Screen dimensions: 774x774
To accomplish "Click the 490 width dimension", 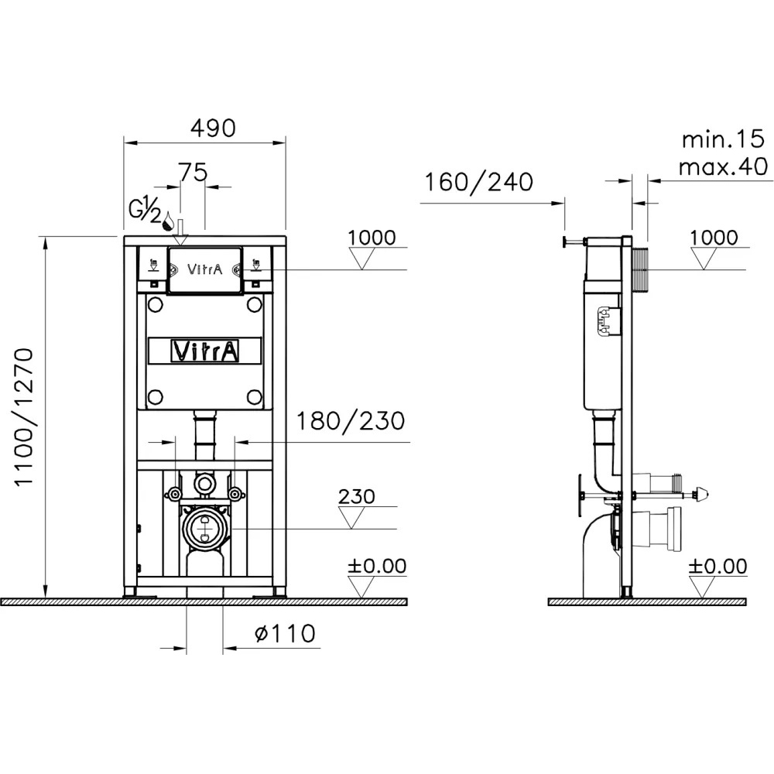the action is pyautogui.click(x=213, y=128).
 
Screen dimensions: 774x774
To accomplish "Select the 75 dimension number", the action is pyautogui.click(x=193, y=173).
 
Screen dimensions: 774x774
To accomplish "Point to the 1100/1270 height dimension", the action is pyautogui.click(x=24, y=417).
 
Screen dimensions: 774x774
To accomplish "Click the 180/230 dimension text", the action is pyautogui.click(x=351, y=421).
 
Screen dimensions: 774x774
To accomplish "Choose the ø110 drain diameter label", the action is pyautogui.click(x=285, y=633).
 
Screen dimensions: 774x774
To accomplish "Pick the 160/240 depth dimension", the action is pyautogui.click(x=479, y=182).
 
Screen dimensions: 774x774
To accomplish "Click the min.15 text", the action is pyautogui.click(x=723, y=139).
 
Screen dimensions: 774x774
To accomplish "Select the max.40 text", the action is pyautogui.click(x=723, y=167).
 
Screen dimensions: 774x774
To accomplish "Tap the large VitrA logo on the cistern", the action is pyautogui.click(x=205, y=351).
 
